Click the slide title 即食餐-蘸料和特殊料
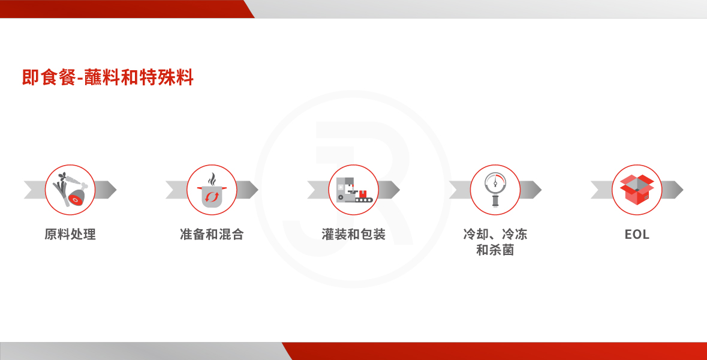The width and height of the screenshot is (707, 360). [108, 77]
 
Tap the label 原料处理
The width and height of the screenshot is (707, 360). [70, 234]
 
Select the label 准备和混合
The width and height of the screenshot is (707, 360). [212, 234]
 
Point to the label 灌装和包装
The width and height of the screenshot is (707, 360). [354, 234]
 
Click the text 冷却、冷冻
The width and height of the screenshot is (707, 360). [495, 234]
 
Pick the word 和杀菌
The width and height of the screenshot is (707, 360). [495, 250]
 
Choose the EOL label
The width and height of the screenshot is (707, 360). [637, 234]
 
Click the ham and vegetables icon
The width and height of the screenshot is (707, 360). [70, 190]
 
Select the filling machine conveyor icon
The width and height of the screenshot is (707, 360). [354, 190]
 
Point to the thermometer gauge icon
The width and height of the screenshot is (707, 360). [495, 190]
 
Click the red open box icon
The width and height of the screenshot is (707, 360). [637, 190]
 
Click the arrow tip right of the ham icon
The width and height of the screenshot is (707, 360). [116, 190]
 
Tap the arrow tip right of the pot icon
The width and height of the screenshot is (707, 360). [257, 190]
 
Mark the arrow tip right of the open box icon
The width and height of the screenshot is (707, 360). [682, 190]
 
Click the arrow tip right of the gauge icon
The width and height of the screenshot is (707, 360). [541, 190]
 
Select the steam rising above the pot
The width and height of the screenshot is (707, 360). [212, 179]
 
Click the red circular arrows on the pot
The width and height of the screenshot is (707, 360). [212, 197]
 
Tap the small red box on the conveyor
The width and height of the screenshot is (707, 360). [363, 194]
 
